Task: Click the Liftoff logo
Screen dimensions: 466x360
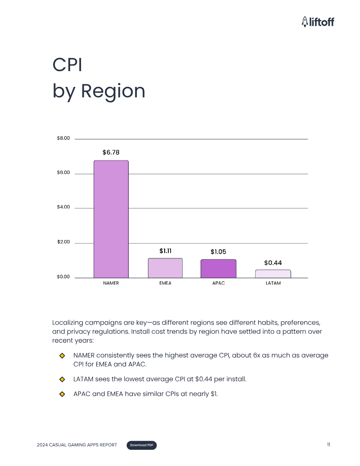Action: click(318, 21)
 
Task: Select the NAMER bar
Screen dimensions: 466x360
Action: click(111, 219)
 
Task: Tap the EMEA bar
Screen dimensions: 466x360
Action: click(165, 268)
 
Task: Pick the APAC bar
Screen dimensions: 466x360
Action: click(218, 268)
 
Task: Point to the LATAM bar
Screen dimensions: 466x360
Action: click(273, 274)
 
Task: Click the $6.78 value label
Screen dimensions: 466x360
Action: click(111, 153)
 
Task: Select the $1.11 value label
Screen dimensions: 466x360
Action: click(166, 251)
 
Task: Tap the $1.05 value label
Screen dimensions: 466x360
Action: click(218, 252)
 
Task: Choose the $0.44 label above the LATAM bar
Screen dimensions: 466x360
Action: click(273, 262)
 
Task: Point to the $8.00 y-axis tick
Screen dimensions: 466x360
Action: click(63, 138)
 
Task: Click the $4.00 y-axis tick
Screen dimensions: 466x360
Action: click(63, 208)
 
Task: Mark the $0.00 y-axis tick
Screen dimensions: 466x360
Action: click(63, 277)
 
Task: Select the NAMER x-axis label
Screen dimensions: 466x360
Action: click(111, 283)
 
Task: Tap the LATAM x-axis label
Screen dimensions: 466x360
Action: click(273, 283)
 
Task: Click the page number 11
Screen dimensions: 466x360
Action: click(328, 445)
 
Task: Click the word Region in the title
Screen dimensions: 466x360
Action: click(113, 91)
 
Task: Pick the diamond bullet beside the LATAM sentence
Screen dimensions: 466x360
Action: click(63, 379)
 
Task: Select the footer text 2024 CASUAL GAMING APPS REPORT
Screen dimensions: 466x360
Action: click(77, 445)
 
